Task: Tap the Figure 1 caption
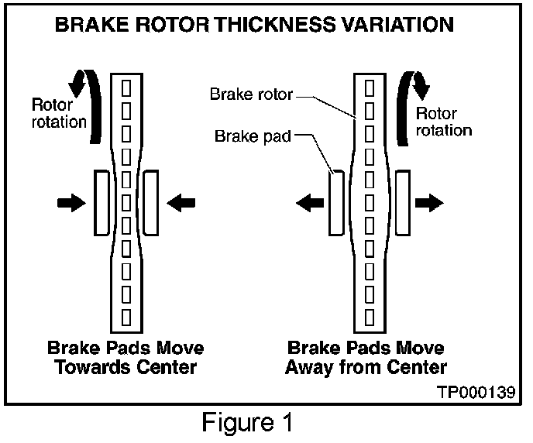click(248, 424)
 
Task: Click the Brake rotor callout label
click(252, 94)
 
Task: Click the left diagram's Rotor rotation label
click(59, 113)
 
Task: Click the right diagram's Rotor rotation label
click(443, 121)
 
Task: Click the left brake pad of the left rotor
click(101, 202)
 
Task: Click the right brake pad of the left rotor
click(150, 202)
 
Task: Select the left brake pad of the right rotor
click(335, 203)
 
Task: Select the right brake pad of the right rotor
click(402, 202)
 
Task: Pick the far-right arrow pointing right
click(429, 203)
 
